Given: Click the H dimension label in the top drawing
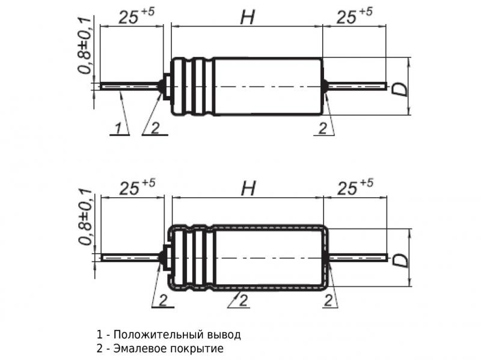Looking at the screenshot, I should click(x=247, y=17).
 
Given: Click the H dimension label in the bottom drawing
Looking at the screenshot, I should click(x=247, y=189).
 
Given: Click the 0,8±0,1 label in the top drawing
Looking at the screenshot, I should click(x=85, y=46).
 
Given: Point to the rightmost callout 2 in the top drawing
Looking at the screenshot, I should click(x=323, y=128).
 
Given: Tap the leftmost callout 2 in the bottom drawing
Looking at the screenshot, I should click(x=162, y=301).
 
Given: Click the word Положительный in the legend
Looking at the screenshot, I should click(x=155, y=335).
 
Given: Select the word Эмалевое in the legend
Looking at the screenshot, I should click(x=135, y=349).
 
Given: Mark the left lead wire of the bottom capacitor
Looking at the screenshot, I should click(x=129, y=257).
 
